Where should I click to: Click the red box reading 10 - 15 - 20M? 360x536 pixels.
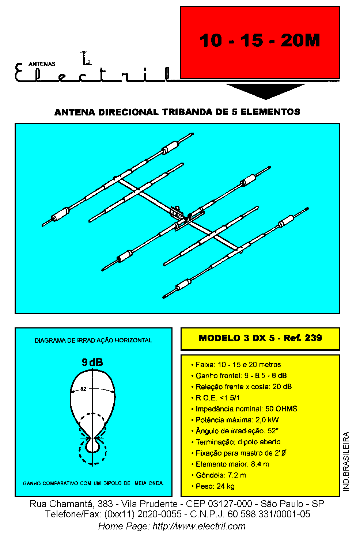pos(260,42)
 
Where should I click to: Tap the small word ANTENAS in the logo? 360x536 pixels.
pos(42,64)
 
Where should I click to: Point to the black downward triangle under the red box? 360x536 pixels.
pos(266,91)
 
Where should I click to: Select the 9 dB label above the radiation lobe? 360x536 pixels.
pos(92,362)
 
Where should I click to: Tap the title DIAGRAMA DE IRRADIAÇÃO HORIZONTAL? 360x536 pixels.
pos(93,340)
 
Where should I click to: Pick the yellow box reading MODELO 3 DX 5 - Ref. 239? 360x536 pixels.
pos(261,339)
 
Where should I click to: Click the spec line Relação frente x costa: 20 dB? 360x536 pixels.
pos(242,387)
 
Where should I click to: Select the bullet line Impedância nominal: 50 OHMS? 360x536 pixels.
pos(244,408)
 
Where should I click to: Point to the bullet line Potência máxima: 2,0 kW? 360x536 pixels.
pos(235,420)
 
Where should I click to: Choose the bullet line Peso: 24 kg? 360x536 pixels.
pos(213,486)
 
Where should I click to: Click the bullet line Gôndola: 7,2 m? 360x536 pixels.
pos(219,475)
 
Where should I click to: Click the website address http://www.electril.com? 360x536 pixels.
pos(199,526)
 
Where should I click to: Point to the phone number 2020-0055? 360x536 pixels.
pos(159,514)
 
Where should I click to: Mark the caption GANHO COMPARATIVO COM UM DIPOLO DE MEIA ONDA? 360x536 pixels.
pos(93,483)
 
